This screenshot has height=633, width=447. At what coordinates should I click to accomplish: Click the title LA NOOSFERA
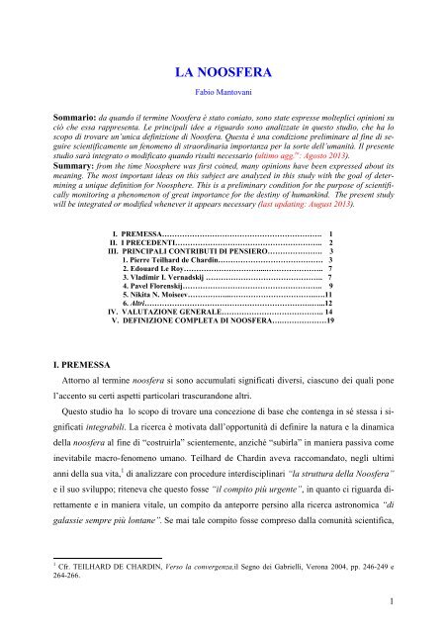pyautogui.click(x=223, y=73)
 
